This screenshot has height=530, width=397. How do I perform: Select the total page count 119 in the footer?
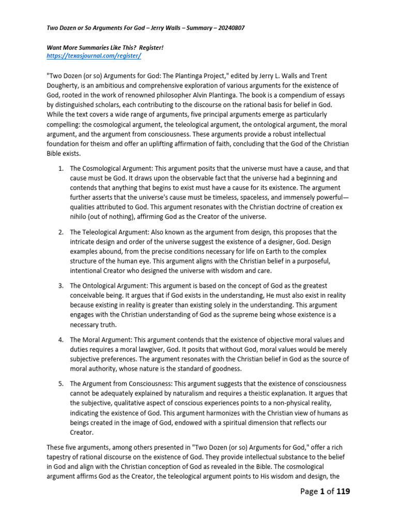[x=341, y=491]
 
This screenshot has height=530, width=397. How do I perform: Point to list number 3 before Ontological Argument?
[x=60, y=286]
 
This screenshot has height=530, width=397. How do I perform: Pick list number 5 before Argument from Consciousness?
[x=60, y=384]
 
